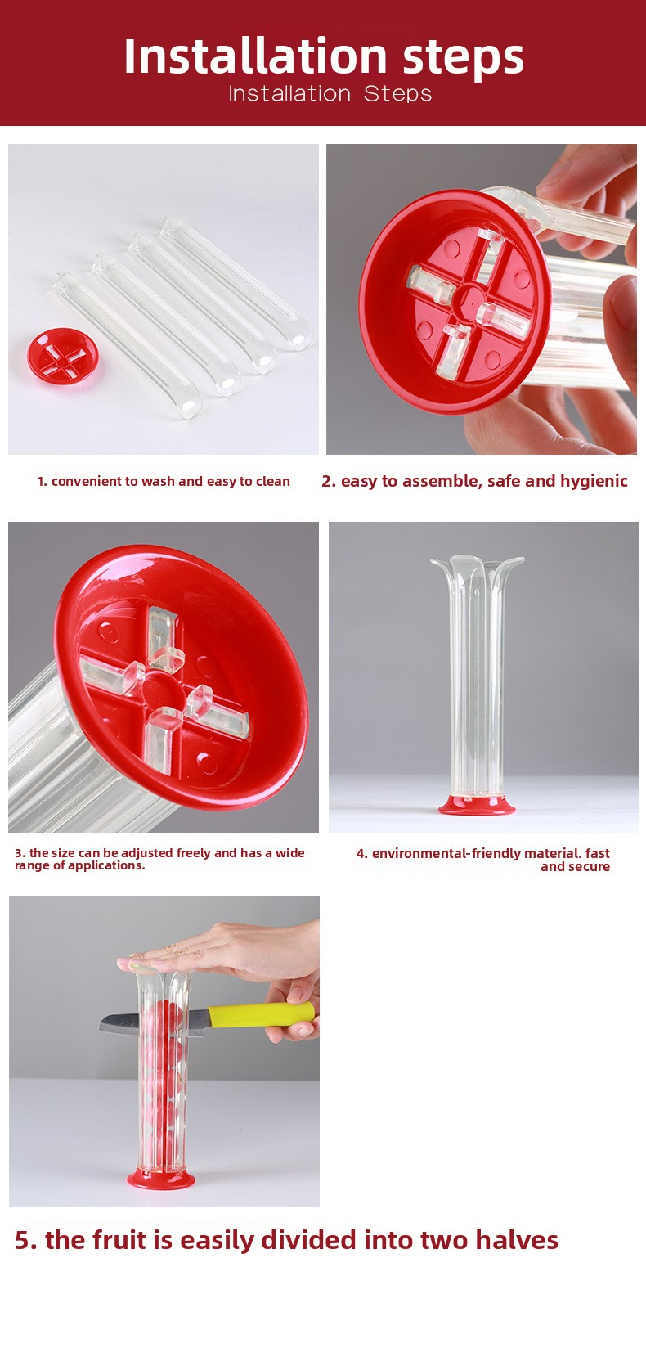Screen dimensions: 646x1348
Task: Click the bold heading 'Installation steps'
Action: [x=324, y=56]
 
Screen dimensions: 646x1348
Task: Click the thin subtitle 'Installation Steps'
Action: [x=330, y=94]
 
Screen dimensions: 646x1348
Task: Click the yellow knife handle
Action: [x=261, y=1014]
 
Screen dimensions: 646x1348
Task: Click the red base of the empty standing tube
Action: [x=477, y=805]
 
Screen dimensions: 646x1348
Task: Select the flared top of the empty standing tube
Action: [x=477, y=568]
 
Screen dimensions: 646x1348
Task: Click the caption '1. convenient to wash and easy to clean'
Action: [x=164, y=482]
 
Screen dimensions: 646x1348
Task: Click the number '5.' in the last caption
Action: [x=26, y=1241]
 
